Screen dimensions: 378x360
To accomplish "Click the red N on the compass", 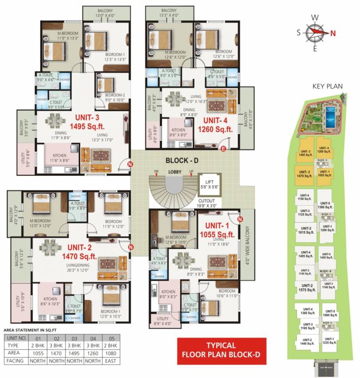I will click(x=333, y=33).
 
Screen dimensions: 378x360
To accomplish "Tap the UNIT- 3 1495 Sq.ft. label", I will click(x=93, y=122).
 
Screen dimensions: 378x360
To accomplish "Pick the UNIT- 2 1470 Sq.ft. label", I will click(x=80, y=252).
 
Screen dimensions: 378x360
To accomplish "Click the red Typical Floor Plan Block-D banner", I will click(x=221, y=349).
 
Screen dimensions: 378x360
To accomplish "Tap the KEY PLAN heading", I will click(x=327, y=86).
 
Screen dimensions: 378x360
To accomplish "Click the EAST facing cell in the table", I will click(x=113, y=361).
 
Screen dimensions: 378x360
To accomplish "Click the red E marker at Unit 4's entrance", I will click(x=223, y=148).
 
